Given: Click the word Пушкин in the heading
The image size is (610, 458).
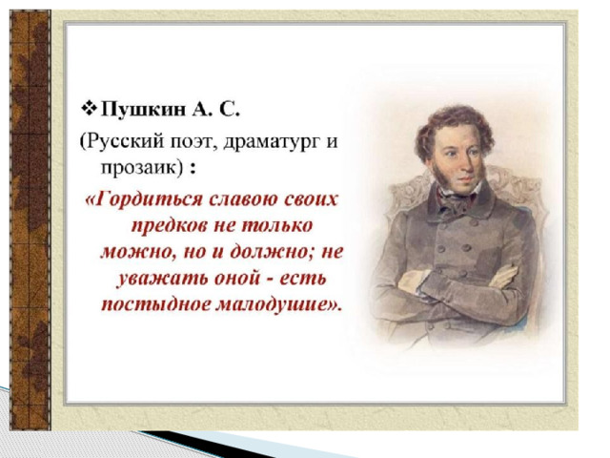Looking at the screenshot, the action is click(143, 111).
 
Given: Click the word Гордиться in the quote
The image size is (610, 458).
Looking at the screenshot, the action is click(149, 200).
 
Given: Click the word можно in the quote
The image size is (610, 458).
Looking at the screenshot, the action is click(133, 252).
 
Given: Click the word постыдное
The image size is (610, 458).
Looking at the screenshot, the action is click(154, 304).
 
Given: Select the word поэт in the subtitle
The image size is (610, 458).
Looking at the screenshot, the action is click(192, 142).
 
